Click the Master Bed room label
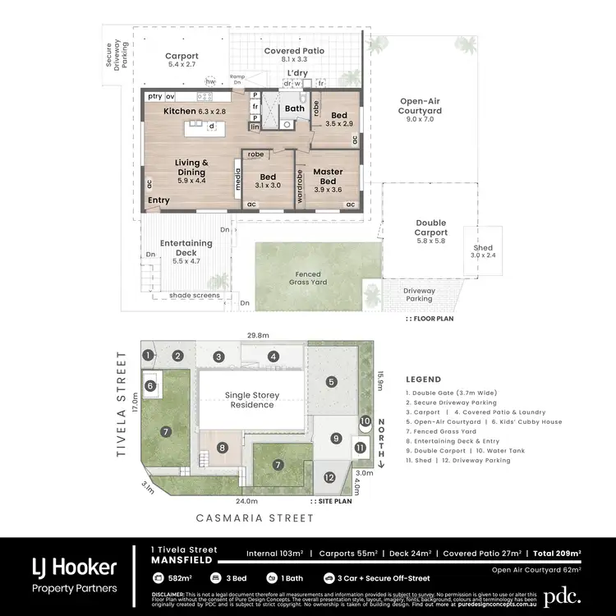326,177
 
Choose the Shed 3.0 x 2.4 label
482,251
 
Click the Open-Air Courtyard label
420,110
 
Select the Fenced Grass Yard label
308,278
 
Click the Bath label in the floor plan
294,108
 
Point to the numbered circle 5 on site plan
331,381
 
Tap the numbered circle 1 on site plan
148,356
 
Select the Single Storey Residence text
252,400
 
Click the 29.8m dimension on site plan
258,335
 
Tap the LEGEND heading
424,379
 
